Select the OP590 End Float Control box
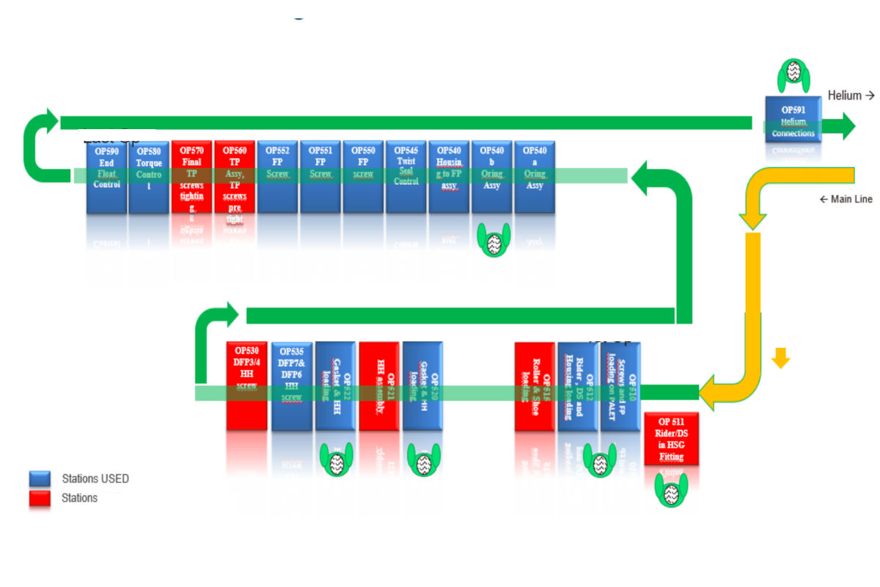[x=106, y=177]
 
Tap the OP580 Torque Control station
[x=149, y=177]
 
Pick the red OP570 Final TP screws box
[x=192, y=177]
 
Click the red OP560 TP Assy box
[x=235, y=177]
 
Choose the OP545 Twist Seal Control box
[x=406, y=177]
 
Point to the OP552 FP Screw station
[x=278, y=177]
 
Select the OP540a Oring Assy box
[x=535, y=177]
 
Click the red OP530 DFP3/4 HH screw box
[x=246, y=386]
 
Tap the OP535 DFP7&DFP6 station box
[x=291, y=386]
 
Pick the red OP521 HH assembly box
[x=379, y=386]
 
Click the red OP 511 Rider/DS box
[x=671, y=439]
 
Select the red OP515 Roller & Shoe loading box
[x=535, y=386]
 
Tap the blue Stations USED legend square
[x=40, y=478]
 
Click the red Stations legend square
[x=40, y=498]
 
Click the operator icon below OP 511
[x=670, y=489]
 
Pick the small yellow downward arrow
[x=780, y=358]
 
